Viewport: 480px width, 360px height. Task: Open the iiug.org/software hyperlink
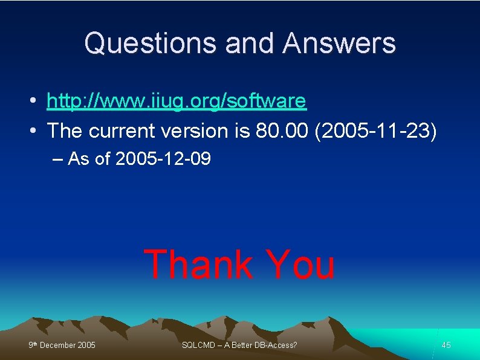click(x=177, y=101)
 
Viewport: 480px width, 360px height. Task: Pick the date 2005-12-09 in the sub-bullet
click(x=163, y=159)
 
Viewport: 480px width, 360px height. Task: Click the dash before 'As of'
click(x=57, y=159)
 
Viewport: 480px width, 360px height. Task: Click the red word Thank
click(x=198, y=265)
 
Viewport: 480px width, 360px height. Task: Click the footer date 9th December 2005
click(x=62, y=345)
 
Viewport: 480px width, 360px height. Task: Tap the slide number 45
click(x=446, y=345)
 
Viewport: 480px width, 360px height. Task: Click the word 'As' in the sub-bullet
click(x=77, y=159)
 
